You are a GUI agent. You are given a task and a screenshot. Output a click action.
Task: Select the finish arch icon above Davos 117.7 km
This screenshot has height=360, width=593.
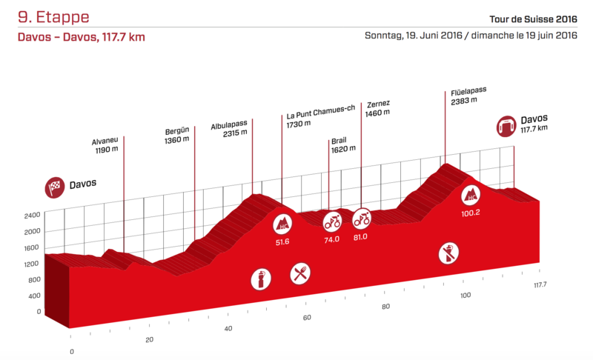tap(506, 124)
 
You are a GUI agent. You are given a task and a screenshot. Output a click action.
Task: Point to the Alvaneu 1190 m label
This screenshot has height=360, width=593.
tap(105, 144)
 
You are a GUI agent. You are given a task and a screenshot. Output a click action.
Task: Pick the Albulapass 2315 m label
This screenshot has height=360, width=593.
tap(228, 130)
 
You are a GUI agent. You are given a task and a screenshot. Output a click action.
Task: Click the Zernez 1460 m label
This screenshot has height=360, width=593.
tap(378, 108)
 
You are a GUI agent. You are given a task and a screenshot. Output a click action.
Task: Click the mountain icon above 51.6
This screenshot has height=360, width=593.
tap(282, 224)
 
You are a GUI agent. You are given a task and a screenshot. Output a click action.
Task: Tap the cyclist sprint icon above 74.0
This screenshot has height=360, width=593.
tap(331, 220)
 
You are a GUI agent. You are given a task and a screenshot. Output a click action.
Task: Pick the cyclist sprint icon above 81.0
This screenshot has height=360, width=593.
tap(362, 219)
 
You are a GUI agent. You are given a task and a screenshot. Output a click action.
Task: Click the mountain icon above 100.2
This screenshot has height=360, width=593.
tap(471, 196)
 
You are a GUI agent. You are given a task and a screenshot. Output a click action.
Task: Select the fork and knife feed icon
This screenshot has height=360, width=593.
tap(300, 274)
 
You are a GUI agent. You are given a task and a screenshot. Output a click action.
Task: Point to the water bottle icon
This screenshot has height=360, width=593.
tap(261, 280)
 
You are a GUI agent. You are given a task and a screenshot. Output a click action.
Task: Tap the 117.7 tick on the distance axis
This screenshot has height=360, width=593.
tap(539, 284)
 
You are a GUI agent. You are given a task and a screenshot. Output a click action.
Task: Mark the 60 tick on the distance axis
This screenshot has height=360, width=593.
tap(307, 318)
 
